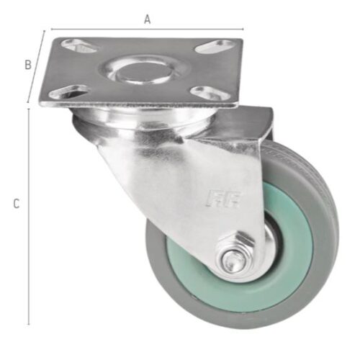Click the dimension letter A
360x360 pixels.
[148, 19]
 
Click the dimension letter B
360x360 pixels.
[28, 65]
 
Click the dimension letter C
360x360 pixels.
[16, 204]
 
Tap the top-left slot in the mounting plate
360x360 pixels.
[79, 45]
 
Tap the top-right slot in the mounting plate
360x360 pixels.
[215, 47]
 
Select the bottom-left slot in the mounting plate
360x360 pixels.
[68, 92]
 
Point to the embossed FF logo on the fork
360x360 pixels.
[223, 199]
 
